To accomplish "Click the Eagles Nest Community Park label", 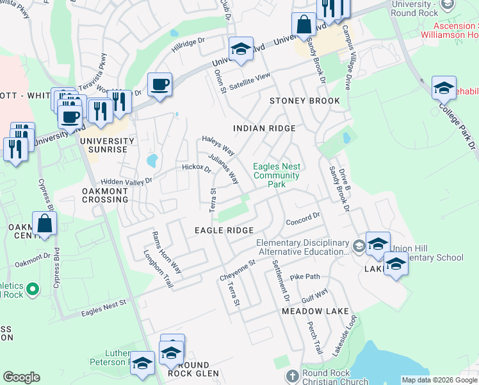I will [x=277, y=175].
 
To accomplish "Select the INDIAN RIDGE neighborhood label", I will [x=264, y=128].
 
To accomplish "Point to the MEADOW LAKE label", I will [x=311, y=311].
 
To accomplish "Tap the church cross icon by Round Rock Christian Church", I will [x=292, y=375].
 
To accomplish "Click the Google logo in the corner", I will [x=21, y=377].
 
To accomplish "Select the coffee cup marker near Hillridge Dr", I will [x=159, y=84].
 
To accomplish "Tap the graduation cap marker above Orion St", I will [x=241, y=48].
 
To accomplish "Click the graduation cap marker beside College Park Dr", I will [x=444, y=87].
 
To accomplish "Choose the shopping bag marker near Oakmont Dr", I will [x=44, y=224].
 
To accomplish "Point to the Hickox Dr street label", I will [x=196, y=169].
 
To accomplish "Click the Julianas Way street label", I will [x=223, y=169].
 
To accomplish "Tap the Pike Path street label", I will [x=304, y=277].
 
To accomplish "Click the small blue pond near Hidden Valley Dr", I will [x=152, y=160].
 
